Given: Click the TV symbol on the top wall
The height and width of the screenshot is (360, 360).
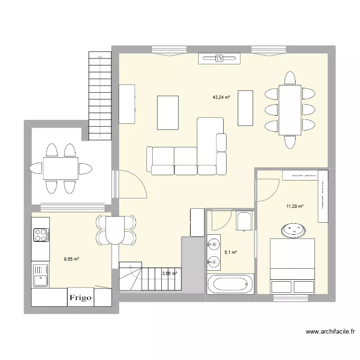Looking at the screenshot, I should pyautogui.click(x=219, y=59).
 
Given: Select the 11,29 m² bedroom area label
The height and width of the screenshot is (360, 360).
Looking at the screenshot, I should pyautogui.click(x=295, y=206).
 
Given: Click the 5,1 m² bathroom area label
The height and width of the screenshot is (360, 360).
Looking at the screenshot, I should pyautogui.click(x=231, y=252).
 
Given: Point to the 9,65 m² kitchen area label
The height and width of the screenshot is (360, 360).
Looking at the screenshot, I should pyautogui.click(x=71, y=259).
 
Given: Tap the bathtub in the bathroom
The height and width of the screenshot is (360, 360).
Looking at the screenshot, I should pyautogui.click(x=229, y=284).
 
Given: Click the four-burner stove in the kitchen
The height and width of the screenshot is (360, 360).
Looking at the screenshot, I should pyautogui.click(x=40, y=235).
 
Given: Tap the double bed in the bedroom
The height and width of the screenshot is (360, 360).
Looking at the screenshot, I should pyautogui.click(x=292, y=266).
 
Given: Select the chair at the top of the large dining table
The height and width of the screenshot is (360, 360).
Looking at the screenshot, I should pyautogui.click(x=289, y=78).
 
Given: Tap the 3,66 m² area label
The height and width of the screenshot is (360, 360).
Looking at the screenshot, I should pyautogui.click(x=169, y=274).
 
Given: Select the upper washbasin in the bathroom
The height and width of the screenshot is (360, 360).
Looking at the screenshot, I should pyautogui.click(x=213, y=246).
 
